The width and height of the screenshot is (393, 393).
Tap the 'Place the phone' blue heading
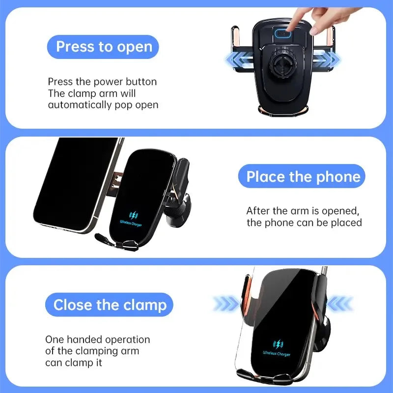(303, 177)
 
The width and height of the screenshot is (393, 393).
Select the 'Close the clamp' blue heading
(110, 305)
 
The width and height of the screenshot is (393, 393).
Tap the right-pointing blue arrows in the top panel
(327, 60)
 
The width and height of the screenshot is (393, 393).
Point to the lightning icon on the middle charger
(133, 215)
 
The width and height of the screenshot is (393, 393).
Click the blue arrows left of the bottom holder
(226, 304)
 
